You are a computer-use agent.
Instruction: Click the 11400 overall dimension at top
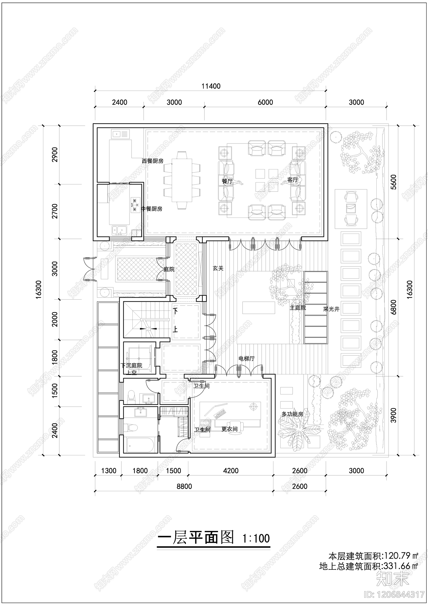click(211, 86)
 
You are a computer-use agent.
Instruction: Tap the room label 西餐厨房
click(152, 161)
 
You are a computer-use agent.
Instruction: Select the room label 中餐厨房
click(152, 209)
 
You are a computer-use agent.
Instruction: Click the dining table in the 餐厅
click(182, 180)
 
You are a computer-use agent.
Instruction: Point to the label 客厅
click(292, 180)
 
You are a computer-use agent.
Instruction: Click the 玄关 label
click(218, 268)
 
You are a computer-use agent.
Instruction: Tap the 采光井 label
click(331, 309)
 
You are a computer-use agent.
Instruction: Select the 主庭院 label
click(298, 308)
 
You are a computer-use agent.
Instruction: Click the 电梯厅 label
click(247, 359)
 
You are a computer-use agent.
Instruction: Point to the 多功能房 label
click(292, 414)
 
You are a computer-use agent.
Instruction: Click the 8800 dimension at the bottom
click(184, 494)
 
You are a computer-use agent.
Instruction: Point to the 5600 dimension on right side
click(393, 182)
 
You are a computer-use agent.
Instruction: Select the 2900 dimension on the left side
click(55, 154)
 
